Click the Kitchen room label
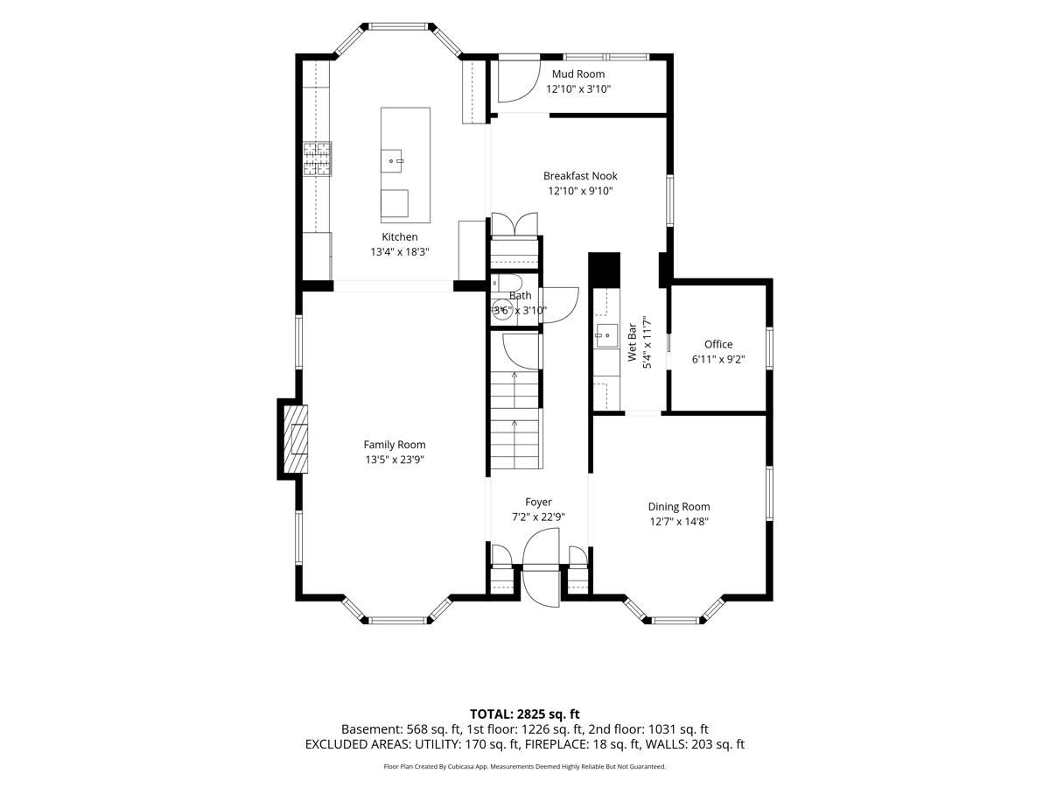pyautogui.click(x=399, y=236)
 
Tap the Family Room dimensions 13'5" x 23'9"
pyautogui.click(x=395, y=460)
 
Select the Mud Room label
pyautogui.click(x=577, y=74)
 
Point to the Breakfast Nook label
pyautogui.click(x=580, y=176)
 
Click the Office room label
pyautogui.click(x=718, y=344)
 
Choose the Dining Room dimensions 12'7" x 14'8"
pyautogui.click(x=679, y=522)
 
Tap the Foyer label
pyautogui.click(x=538, y=502)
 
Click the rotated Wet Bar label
pyautogui.click(x=632, y=342)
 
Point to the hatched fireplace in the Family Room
pyautogui.click(x=296, y=439)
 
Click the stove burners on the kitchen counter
pyautogui.click(x=317, y=158)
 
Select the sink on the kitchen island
pyautogui.click(x=392, y=161)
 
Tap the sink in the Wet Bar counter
pyautogui.click(x=607, y=337)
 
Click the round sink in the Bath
pyautogui.click(x=500, y=310)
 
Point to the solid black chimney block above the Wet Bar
pyautogui.click(x=604, y=270)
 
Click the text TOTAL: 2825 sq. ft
pyautogui.click(x=525, y=714)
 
